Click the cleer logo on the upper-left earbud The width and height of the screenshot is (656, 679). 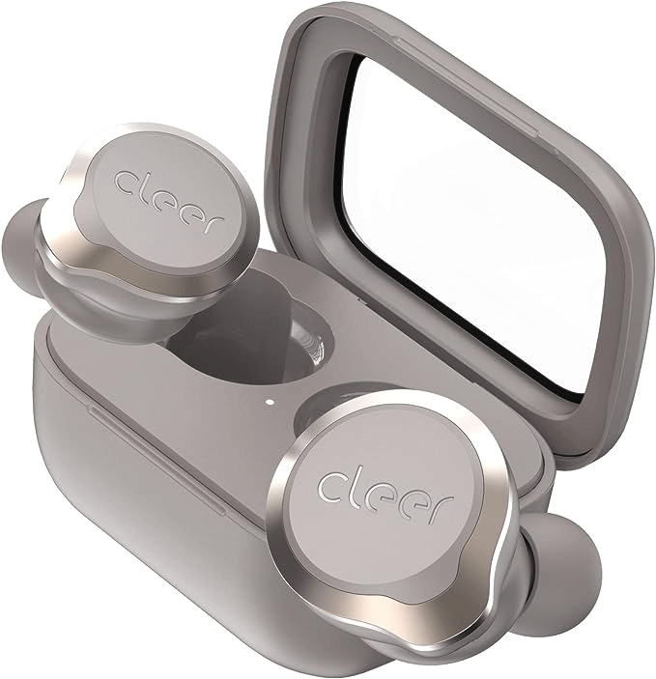pos(169,201)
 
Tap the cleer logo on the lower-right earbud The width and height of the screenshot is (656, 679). pos(385,496)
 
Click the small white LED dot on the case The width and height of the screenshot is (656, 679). pos(270,401)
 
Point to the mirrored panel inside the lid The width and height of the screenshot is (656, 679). pos(472,225)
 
